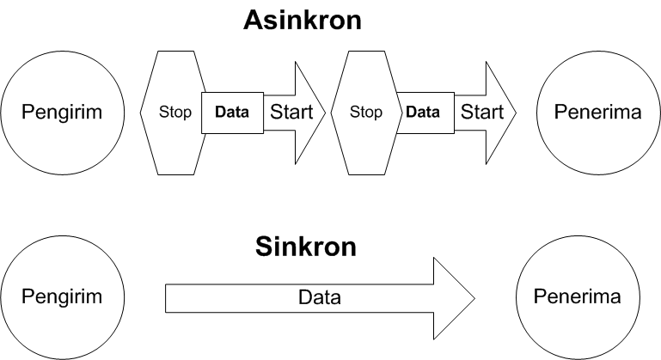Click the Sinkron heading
pos(306,247)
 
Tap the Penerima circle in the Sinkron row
pos(577,297)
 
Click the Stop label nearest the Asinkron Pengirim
pos(175,112)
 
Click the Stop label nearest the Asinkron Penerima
pos(367,112)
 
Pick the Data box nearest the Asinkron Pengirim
pos(232,112)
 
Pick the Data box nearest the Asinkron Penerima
pos(422,112)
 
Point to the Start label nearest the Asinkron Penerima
pos(482,112)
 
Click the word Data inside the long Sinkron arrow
pos(319,298)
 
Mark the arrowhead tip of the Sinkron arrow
pos(474,298)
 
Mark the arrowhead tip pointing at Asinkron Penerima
pos(515,112)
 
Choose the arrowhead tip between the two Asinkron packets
pos(326,112)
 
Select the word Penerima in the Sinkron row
pos(577,297)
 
